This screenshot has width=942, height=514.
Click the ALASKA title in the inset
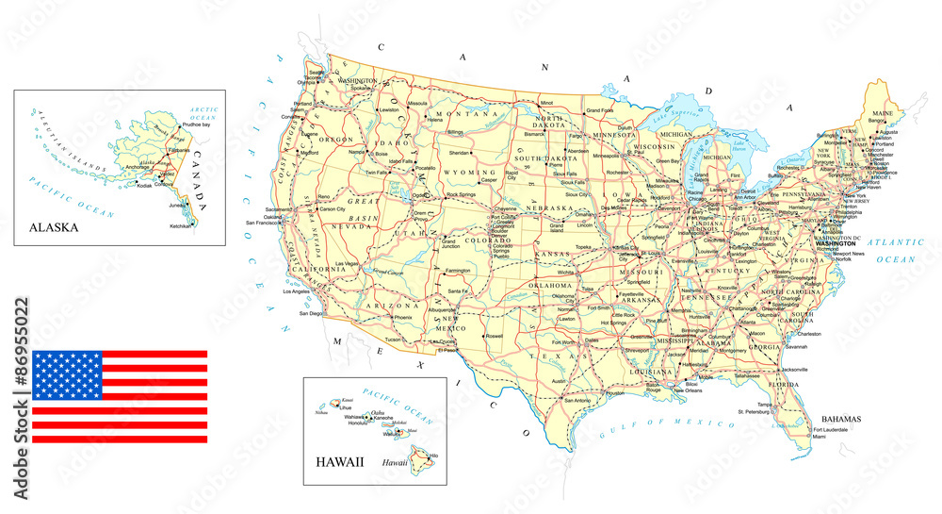click(54, 227)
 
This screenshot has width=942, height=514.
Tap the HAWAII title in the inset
click(336, 464)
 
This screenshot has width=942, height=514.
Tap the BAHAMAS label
click(841, 418)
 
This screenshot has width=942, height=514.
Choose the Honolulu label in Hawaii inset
click(334, 423)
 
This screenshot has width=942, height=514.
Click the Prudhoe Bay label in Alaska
click(201, 124)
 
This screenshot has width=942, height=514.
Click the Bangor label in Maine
click(878, 121)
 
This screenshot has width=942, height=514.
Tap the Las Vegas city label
click(346, 264)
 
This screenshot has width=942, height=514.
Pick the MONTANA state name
click(466, 113)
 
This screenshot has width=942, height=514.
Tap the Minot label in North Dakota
click(546, 103)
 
